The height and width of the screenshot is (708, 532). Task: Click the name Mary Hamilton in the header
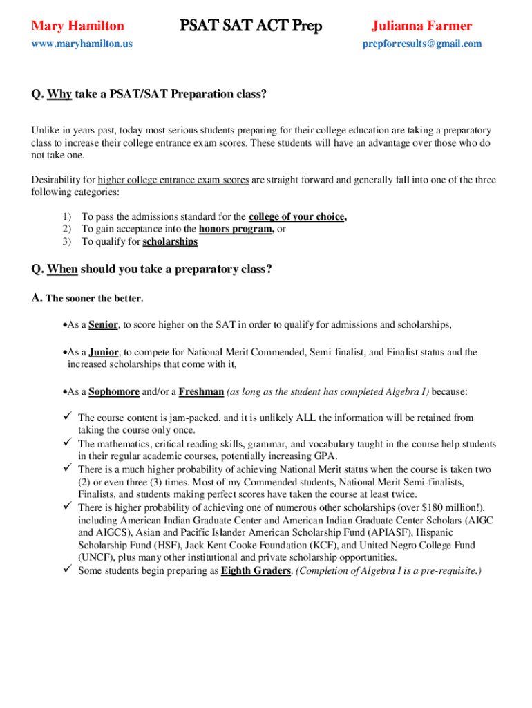78,26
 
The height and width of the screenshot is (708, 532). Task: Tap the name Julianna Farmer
421,26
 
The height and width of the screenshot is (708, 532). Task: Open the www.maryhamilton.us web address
82,44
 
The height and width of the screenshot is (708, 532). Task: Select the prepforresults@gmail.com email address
422,44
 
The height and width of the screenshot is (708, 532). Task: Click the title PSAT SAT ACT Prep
251,26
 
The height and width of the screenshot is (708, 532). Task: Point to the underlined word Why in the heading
59,95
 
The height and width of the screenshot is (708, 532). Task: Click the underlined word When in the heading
62,269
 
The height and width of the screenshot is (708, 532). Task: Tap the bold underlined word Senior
104,324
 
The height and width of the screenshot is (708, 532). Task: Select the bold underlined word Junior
104,352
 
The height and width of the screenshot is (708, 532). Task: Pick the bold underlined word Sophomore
114,391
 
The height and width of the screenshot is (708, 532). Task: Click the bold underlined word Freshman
201,391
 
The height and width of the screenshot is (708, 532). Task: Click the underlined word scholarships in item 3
170,242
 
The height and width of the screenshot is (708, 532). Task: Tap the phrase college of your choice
297,216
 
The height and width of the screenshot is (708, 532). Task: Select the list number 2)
67,229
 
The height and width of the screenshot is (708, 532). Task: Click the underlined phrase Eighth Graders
256,571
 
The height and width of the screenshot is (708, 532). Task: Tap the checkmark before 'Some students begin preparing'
68,570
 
